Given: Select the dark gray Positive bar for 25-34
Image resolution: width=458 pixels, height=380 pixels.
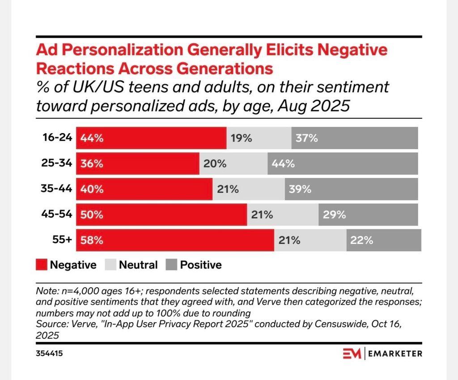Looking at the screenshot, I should [343, 164].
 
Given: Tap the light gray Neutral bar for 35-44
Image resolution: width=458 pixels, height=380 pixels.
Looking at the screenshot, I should [249, 189].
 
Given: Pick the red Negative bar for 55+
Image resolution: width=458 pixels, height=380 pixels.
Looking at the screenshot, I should [175, 240].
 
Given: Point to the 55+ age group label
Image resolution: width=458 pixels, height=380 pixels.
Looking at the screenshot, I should [63, 240].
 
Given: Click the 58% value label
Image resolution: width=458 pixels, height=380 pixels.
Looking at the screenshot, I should [92, 240].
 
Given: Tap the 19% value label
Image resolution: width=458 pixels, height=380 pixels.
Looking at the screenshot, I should [241, 138].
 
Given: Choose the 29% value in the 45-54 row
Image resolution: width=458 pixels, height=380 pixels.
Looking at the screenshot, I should [335, 215].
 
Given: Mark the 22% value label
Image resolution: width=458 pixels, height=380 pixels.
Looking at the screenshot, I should [362, 240].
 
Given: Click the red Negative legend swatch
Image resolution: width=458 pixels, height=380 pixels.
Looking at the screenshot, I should [41, 265].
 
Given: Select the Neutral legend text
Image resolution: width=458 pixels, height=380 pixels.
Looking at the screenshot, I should [138, 265].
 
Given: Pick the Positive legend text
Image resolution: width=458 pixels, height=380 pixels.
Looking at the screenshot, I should [201, 265].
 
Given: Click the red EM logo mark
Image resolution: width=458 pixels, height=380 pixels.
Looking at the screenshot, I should [352, 354].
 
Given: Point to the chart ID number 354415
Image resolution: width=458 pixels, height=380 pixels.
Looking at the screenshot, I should [49, 354].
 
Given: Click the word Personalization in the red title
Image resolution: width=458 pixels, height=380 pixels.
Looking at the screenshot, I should [118, 50].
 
